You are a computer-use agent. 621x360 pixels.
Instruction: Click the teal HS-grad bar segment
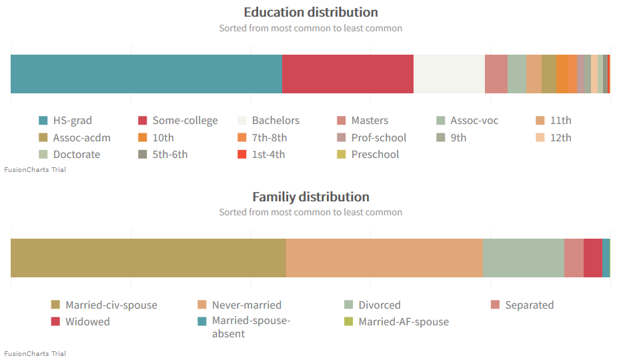146,74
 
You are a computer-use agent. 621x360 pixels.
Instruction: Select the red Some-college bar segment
348,74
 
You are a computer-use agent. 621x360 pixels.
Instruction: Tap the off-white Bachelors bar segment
449,74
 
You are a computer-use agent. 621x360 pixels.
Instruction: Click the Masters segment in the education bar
496,74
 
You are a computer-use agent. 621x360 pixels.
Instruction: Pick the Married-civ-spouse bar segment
148,257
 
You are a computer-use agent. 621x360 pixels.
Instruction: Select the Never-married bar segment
384,257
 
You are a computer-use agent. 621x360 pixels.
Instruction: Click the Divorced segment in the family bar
523,257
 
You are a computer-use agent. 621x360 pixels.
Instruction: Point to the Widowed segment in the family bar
592,257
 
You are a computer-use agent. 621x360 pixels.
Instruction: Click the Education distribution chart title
310,12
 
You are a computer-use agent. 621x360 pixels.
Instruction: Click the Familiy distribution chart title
310,197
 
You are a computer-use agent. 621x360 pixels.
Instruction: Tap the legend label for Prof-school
378,138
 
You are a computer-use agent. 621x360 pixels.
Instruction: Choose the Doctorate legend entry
76,155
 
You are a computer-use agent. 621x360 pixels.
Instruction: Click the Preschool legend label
375,155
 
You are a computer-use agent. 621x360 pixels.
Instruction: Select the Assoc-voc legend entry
474,121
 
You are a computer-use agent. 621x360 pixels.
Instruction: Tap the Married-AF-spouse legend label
403,322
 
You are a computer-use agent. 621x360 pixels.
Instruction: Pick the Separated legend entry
529,305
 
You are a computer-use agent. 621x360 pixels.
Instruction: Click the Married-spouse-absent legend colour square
202,321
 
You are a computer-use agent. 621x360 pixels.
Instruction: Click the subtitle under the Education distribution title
310,28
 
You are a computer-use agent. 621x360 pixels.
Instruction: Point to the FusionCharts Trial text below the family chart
35,353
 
